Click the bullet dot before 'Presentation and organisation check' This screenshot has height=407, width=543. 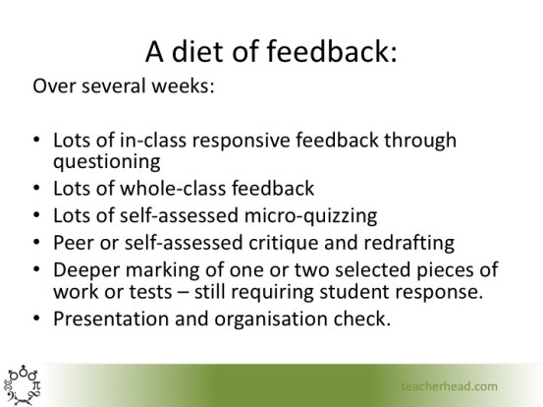37,319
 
